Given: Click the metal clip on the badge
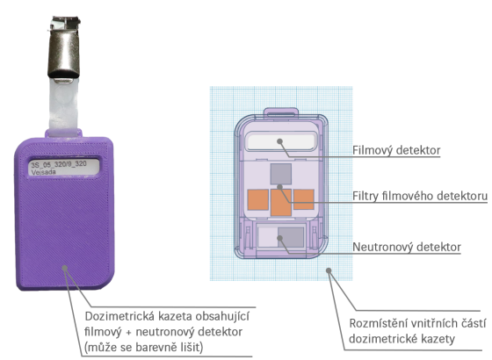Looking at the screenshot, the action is coord(64,47).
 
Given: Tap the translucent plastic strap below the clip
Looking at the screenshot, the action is coord(63,106).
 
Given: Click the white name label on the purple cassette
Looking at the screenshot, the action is coord(64,167).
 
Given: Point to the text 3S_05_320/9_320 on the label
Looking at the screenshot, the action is coord(59,164).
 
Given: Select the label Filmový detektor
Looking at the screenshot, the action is coord(396,150).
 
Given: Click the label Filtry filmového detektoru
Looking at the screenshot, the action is coord(420,196).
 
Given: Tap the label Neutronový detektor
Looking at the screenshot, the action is coord(407,247).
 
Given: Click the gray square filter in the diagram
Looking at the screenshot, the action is coord(281,174).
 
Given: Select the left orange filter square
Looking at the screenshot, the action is coord(258,199).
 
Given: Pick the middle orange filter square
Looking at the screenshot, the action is coord(281,203).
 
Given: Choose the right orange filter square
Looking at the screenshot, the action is coord(304,199).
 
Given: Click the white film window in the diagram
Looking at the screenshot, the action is coord(280,141).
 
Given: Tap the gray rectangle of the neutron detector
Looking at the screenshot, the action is coord(291,237).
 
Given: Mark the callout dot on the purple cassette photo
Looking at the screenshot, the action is coord(65,268).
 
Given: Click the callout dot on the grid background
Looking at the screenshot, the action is coord(329,270).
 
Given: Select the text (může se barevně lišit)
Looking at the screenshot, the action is coord(144,347).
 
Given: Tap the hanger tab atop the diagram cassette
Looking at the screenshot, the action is coord(281,112).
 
